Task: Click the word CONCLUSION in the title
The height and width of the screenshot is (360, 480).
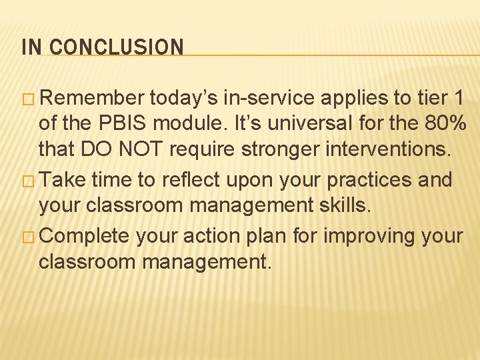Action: pos(116,47)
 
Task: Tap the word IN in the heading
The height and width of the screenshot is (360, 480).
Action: pos(31,47)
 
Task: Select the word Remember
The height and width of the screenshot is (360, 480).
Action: pos(95,99)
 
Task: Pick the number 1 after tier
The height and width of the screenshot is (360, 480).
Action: pos(458,99)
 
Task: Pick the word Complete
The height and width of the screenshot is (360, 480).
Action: pos(90,236)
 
